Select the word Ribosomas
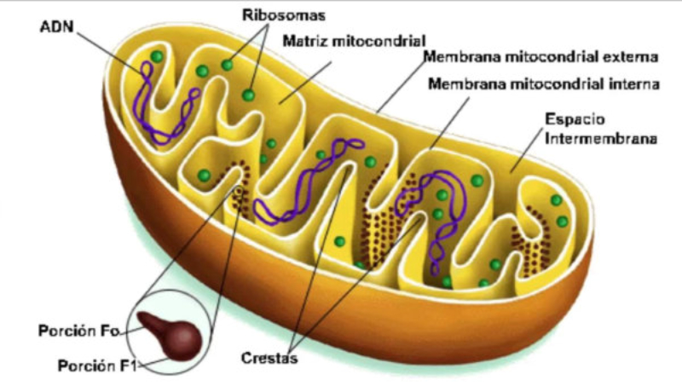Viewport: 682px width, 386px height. coord(272,15)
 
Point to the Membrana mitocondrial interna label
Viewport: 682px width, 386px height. coord(543,84)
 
